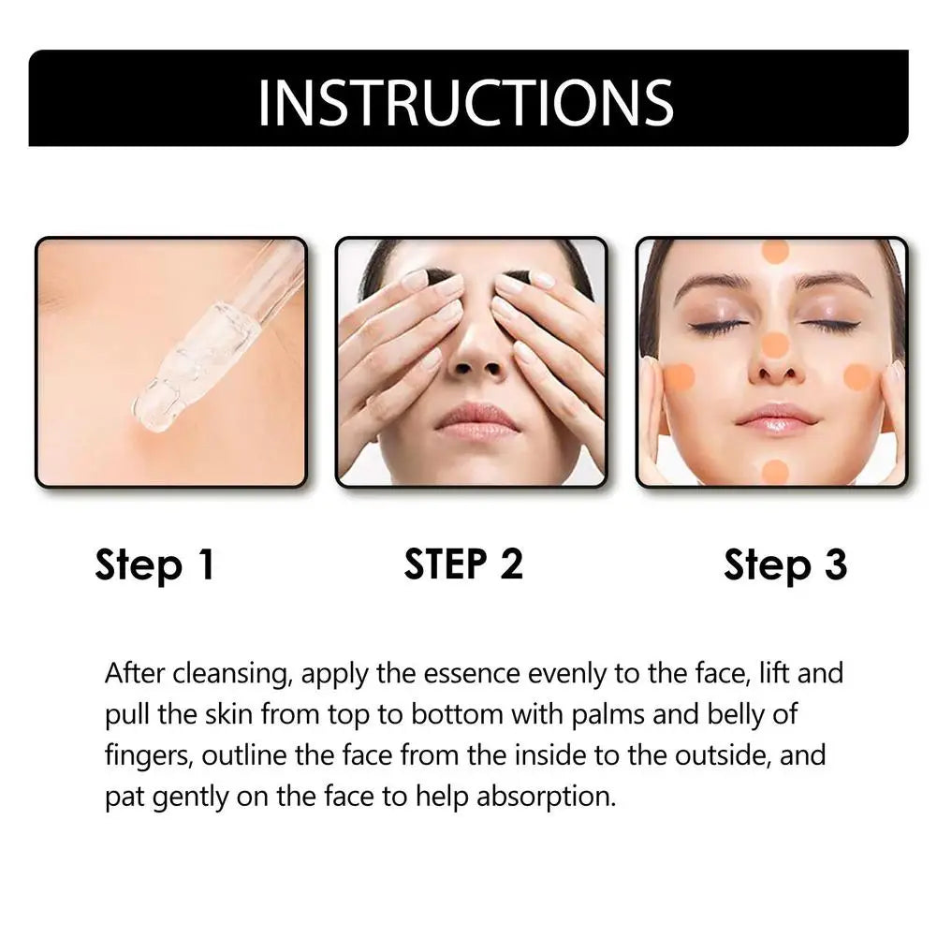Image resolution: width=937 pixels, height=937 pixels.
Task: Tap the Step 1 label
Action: (x=154, y=565)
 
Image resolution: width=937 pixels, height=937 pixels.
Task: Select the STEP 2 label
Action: (x=463, y=564)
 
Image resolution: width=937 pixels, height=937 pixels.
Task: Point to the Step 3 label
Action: (x=784, y=565)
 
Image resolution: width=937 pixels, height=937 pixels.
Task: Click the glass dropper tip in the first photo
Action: (x=154, y=412)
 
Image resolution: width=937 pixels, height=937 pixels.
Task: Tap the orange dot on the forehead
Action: (x=775, y=251)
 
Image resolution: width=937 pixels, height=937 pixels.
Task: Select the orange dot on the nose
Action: (x=775, y=344)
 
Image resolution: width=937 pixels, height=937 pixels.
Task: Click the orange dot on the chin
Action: (x=775, y=471)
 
